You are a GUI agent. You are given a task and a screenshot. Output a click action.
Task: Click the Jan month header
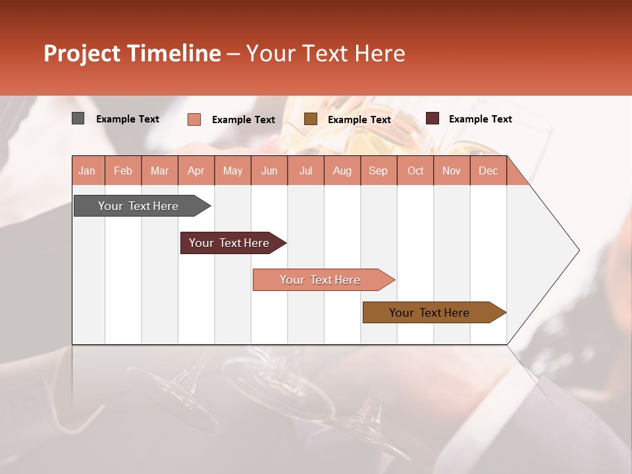click(x=88, y=171)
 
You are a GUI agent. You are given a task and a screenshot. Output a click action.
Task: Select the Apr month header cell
click(x=196, y=171)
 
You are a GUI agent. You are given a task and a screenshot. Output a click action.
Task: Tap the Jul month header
click(x=306, y=171)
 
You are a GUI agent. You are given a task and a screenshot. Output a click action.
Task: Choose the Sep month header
click(x=379, y=171)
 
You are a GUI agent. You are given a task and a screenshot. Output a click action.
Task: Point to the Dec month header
click(x=488, y=171)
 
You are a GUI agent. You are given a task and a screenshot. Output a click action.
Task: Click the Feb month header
click(x=123, y=171)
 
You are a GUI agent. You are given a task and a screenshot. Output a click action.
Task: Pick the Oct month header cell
click(x=415, y=171)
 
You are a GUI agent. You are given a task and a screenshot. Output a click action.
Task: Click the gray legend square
click(x=78, y=118)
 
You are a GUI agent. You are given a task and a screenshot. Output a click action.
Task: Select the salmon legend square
click(x=194, y=119)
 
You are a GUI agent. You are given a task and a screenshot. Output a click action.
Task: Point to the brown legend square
click(x=311, y=119)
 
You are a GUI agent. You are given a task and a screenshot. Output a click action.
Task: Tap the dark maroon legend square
click(x=433, y=118)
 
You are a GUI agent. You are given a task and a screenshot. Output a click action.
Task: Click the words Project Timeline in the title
click(x=132, y=53)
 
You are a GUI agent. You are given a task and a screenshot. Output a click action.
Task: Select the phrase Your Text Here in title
click(x=326, y=53)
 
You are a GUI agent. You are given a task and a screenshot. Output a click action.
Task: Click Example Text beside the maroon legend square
click(x=480, y=118)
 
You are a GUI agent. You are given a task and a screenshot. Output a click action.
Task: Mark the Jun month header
click(x=269, y=171)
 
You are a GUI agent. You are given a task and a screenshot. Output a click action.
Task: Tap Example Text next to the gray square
click(x=128, y=118)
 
